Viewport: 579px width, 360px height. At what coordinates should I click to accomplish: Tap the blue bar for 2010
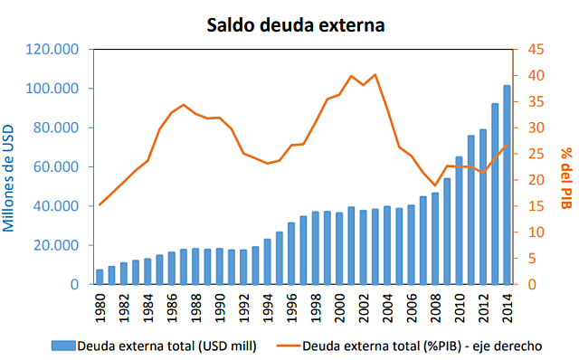tap(459, 221)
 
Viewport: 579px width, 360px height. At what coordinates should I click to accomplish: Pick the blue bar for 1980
tap(100, 277)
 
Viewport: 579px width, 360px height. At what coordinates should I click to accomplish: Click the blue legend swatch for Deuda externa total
tap(62, 345)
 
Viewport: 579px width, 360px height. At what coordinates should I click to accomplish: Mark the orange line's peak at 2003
tap(375, 74)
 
